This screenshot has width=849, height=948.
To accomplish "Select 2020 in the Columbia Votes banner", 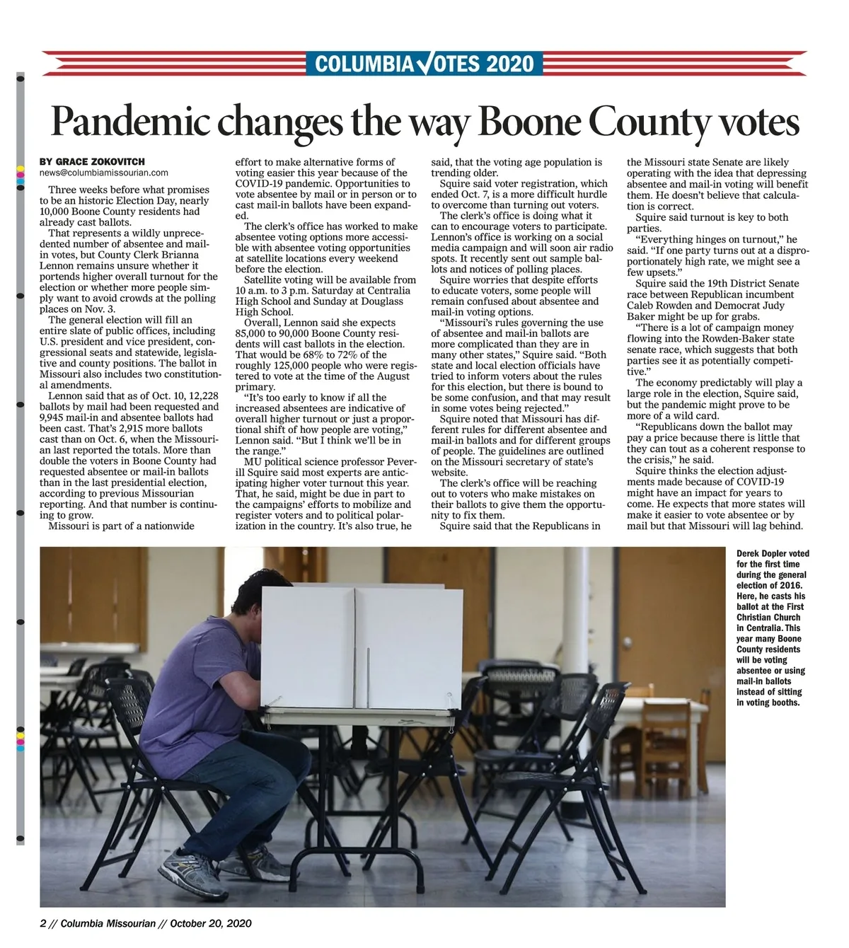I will pyautogui.click(x=510, y=64).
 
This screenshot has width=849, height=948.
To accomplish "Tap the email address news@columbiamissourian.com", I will pyautogui.click(x=104, y=173).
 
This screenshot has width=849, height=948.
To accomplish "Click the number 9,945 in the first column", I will pyautogui.click(x=54, y=417).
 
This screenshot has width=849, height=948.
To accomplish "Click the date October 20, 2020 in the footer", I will pyautogui.click(x=210, y=923).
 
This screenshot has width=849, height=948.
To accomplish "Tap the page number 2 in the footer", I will pyautogui.click(x=42, y=923).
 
